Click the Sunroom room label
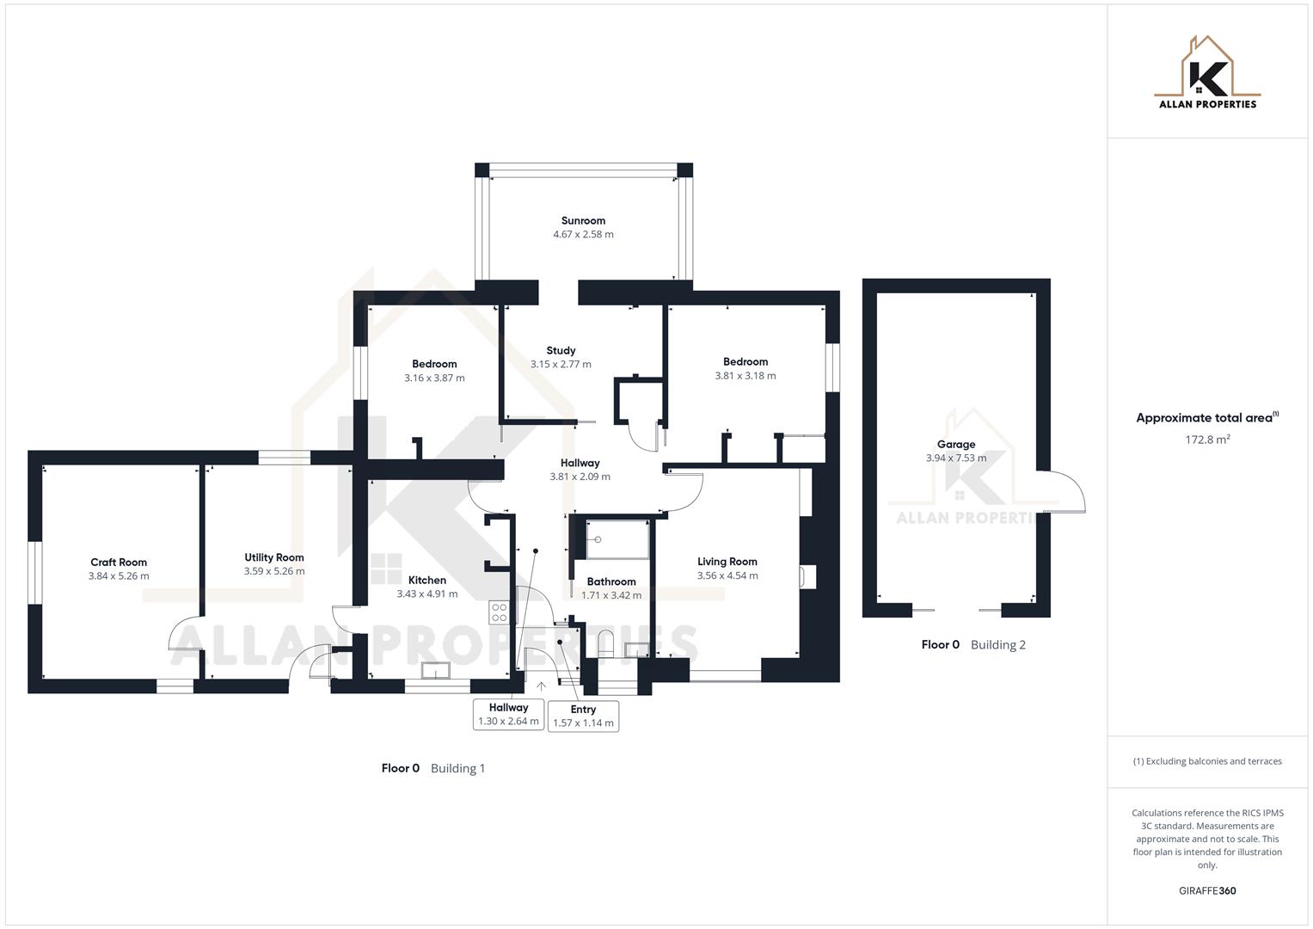point(583,220)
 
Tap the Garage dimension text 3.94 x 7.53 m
point(955,458)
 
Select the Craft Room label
point(119,562)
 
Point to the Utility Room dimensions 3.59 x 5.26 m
point(274,571)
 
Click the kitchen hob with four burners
point(499,612)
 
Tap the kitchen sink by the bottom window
point(436,670)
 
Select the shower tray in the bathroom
point(617,539)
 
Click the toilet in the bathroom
point(605,643)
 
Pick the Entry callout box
point(583,716)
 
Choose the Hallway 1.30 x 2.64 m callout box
point(508,714)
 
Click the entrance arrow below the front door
point(541,686)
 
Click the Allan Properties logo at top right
point(1207,73)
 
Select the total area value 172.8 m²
point(1207,440)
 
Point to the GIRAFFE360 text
point(1207,890)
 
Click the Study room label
point(561,350)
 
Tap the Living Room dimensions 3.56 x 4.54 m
point(727,575)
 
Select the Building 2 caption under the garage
point(997,644)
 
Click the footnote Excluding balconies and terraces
point(1207,761)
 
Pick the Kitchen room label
point(426,580)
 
